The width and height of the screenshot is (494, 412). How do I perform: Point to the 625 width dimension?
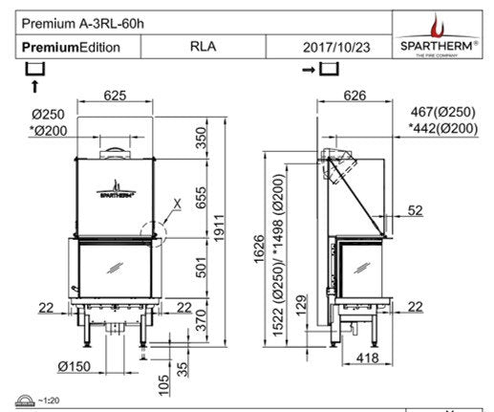[x=116, y=95]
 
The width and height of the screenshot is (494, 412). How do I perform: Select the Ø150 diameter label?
[x=73, y=367]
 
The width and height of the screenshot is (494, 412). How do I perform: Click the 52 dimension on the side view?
[x=415, y=209]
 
